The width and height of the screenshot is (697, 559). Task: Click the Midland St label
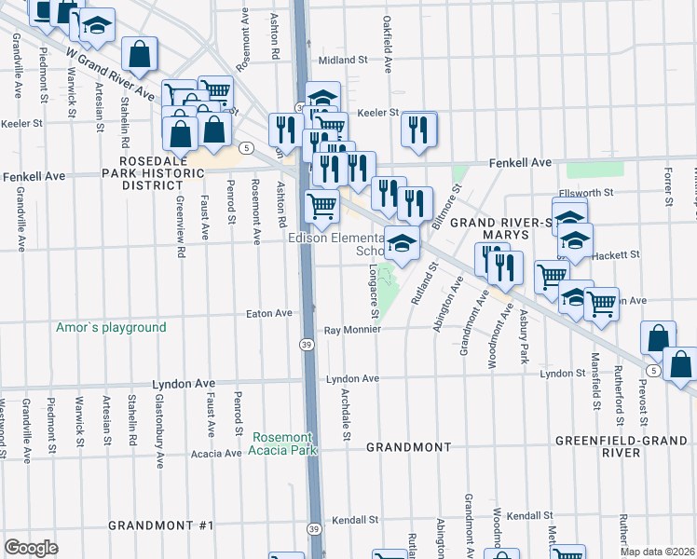point(343,60)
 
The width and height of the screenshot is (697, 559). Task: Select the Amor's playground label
point(110,327)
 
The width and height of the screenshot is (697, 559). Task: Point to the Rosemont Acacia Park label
point(283,443)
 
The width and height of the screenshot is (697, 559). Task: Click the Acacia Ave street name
point(215,454)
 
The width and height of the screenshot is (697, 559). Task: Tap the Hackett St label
point(618,254)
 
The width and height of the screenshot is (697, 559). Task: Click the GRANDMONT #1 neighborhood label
point(161,525)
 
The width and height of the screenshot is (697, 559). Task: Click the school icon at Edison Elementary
point(402,243)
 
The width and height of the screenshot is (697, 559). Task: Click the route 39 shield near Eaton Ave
point(307,345)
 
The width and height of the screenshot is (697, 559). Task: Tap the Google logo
point(32,547)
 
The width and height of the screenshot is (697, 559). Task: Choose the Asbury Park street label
point(524,336)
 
